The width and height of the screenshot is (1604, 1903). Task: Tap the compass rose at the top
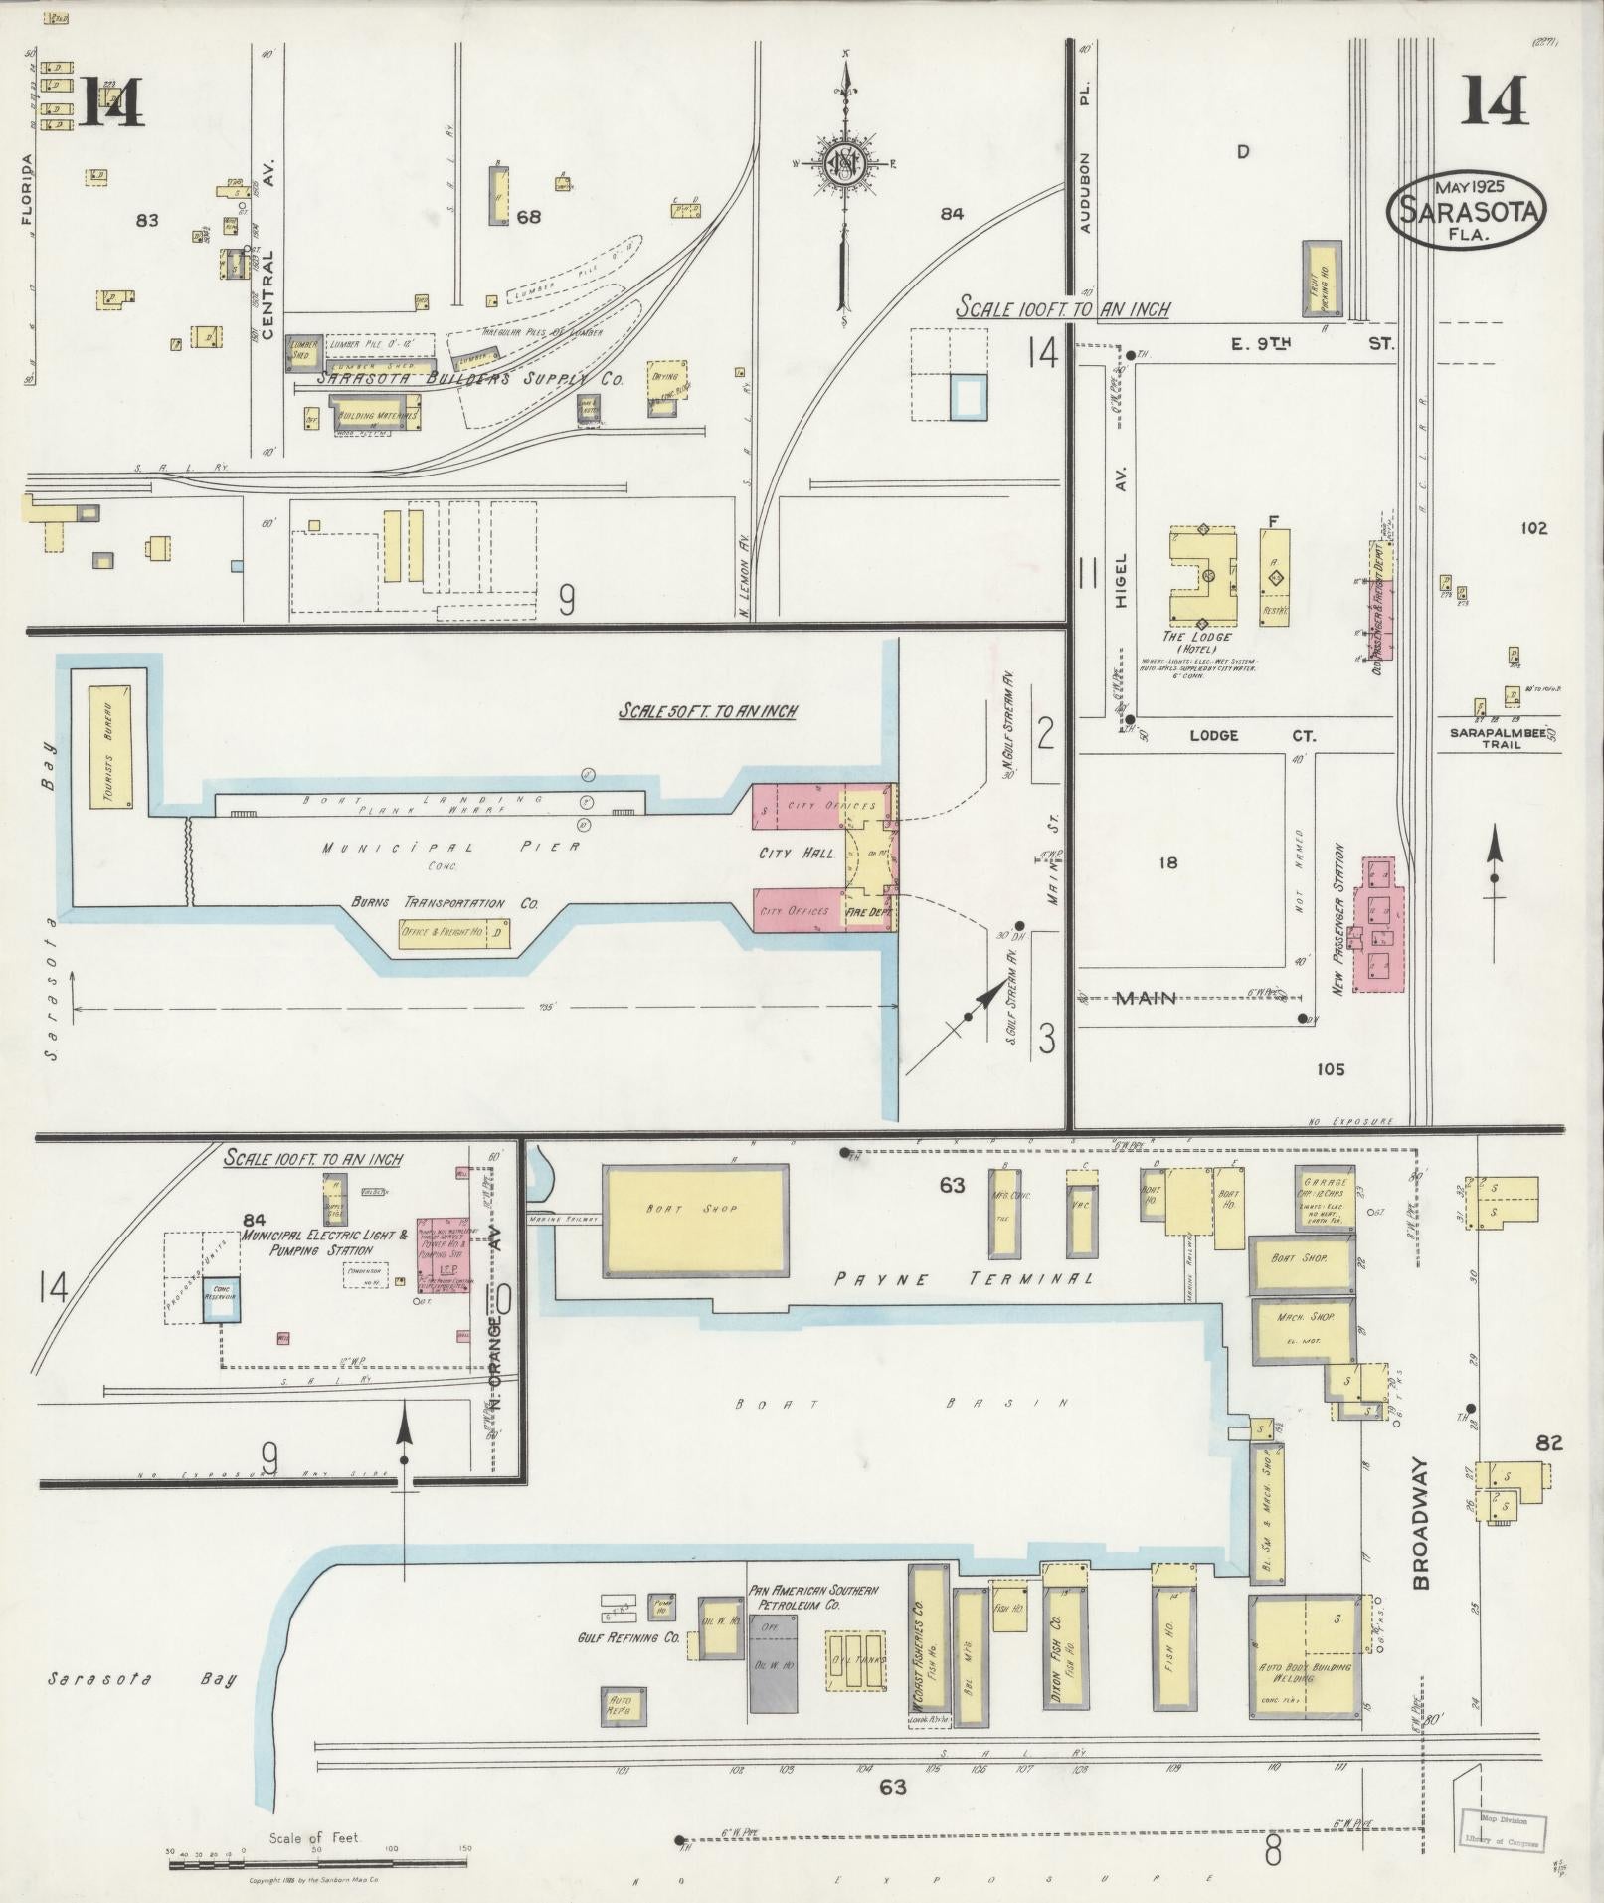[x=844, y=164]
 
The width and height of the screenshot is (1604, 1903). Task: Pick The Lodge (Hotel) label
[x=1203, y=643]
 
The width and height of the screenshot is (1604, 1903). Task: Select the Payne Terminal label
[x=964, y=1279]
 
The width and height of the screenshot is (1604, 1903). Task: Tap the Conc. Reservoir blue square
[x=220, y=1299]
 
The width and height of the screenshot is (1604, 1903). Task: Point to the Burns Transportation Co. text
[x=445, y=903]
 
